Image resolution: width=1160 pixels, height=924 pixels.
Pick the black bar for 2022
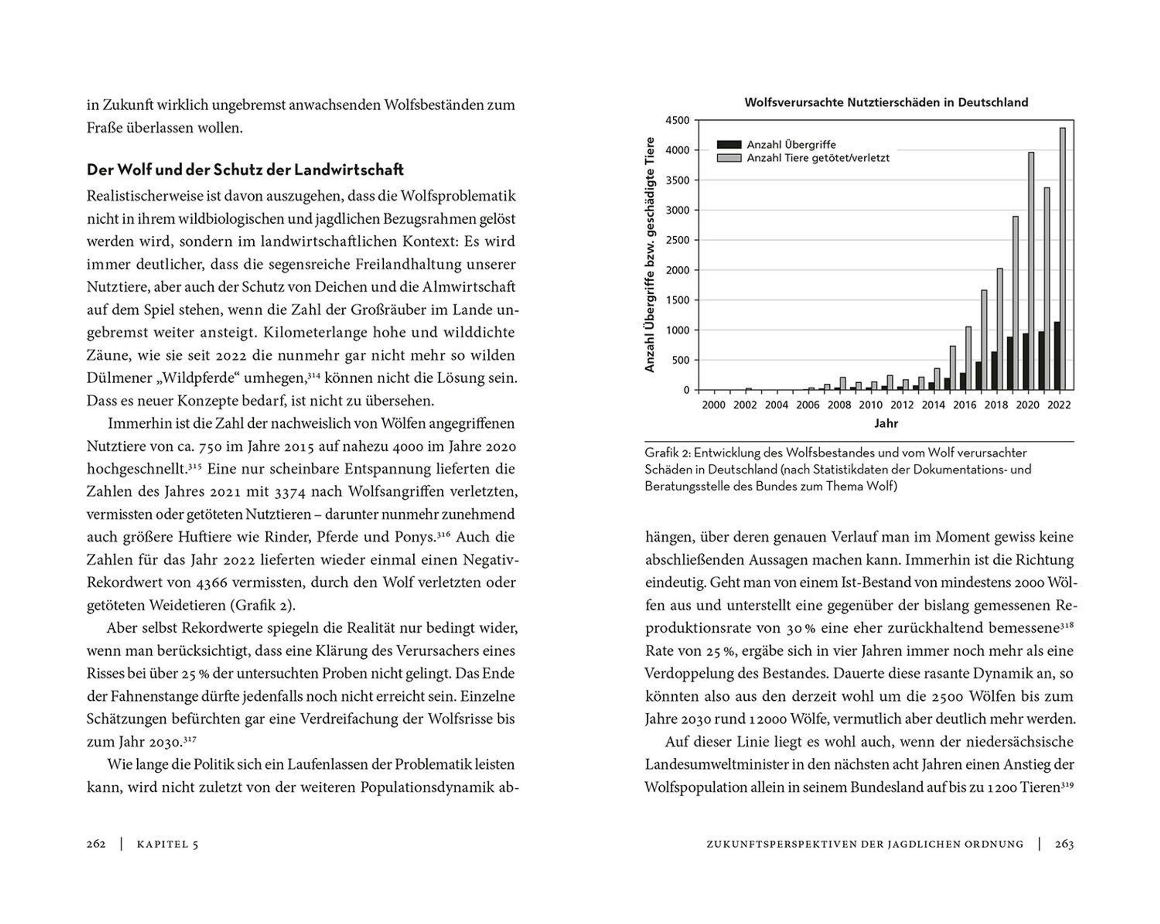pos(1057,356)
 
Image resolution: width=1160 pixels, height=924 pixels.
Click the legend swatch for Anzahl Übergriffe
pos(729,144)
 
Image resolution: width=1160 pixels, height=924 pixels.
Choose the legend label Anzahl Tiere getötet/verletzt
pos(818,158)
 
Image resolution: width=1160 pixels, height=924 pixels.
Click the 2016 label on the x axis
pos(965,405)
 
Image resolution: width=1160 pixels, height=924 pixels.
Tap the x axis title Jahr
pos(885,423)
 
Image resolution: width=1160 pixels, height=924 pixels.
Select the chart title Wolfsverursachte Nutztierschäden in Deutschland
pos(885,102)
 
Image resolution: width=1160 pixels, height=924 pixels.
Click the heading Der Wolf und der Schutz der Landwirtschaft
pos(245,170)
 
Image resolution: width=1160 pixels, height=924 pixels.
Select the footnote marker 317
pos(189,739)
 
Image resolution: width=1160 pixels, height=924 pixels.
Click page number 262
pos(96,844)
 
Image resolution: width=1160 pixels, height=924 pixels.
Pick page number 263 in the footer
pos(1064,844)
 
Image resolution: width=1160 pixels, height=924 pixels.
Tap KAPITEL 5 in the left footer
pos(167,844)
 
